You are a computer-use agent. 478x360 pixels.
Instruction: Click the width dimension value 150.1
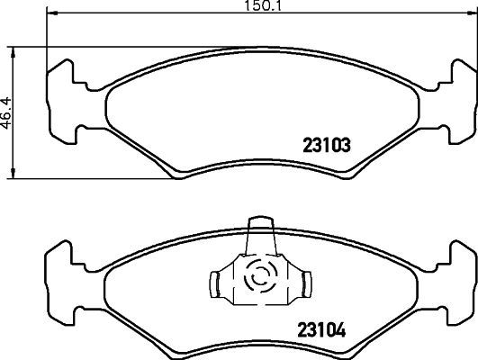tap(238, 6)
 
